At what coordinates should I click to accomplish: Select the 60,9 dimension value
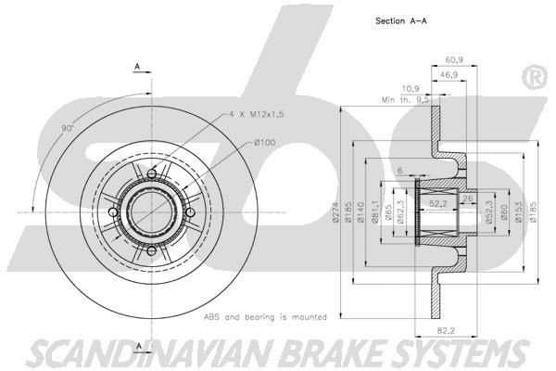pos(454,60)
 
